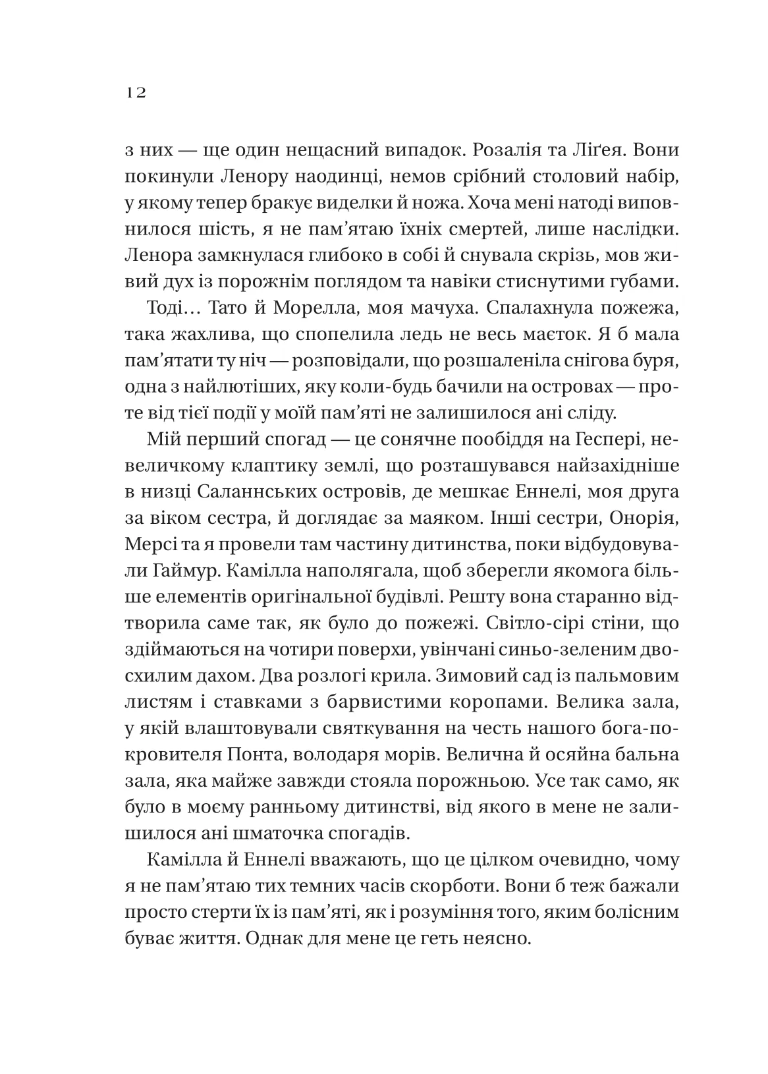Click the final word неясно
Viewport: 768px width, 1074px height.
pyautogui.click(x=499, y=938)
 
